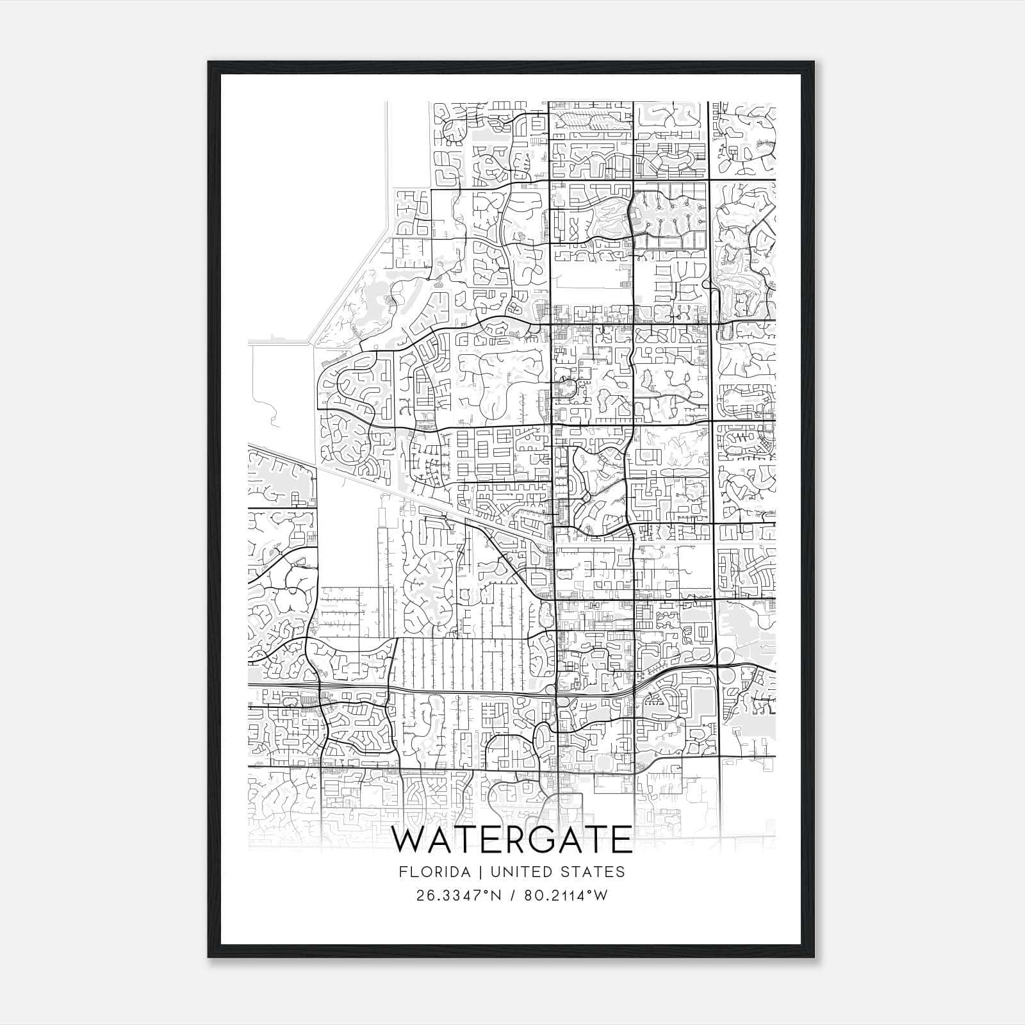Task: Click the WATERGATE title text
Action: pos(512,840)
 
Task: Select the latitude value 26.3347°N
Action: pos(455,896)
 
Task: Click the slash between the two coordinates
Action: pos(511,896)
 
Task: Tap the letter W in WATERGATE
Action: pos(409,840)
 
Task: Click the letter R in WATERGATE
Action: pos(516,840)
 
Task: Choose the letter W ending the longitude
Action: pos(600,896)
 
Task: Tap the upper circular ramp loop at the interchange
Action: pos(726,656)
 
